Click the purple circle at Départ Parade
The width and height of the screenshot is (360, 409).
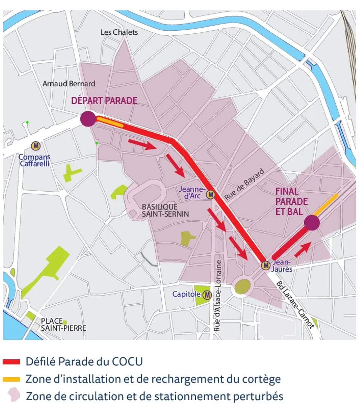pyautogui.click(x=88, y=118)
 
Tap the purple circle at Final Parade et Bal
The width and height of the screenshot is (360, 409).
pyautogui.click(x=312, y=223)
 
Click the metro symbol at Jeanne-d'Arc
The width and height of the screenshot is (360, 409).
pyautogui.click(x=211, y=195)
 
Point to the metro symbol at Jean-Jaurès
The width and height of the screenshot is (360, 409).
pyautogui.click(x=265, y=265)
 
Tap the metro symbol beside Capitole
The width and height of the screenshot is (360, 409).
pyautogui.click(x=207, y=295)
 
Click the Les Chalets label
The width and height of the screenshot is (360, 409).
pyautogui.click(x=119, y=32)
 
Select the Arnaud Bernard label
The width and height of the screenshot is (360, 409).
pyautogui.click(x=69, y=84)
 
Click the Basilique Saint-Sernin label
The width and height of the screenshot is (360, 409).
pyautogui.click(x=165, y=211)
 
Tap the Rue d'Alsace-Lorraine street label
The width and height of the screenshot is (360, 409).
pyautogui.click(x=218, y=296)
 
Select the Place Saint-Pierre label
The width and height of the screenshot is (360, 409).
pyautogui.click(x=63, y=325)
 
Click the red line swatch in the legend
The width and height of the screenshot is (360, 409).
pyautogui.click(x=11, y=362)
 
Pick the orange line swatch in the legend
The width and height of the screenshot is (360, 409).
pyautogui.click(x=11, y=379)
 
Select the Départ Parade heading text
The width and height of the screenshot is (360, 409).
pyautogui.click(x=104, y=100)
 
